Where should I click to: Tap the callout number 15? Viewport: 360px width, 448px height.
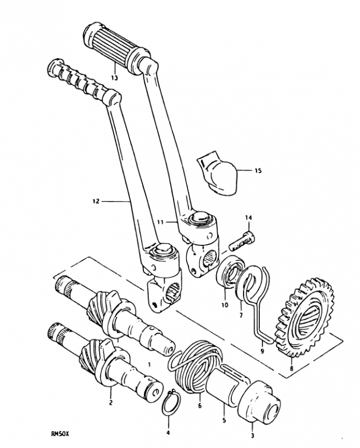pyautogui.click(x=258, y=171)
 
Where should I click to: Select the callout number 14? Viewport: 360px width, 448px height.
pyautogui.click(x=248, y=218)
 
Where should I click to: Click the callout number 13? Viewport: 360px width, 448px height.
pyautogui.click(x=114, y=77)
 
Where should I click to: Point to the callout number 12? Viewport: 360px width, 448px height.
pyautogui.click(x=96, y=201)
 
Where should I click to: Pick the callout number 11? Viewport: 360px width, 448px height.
pyautogui.click(x=160, y=222)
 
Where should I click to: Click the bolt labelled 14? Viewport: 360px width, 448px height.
pyautogui.click(x=242, y=241)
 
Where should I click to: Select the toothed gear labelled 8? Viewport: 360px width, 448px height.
pyautogui.click(x=304, y=317)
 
